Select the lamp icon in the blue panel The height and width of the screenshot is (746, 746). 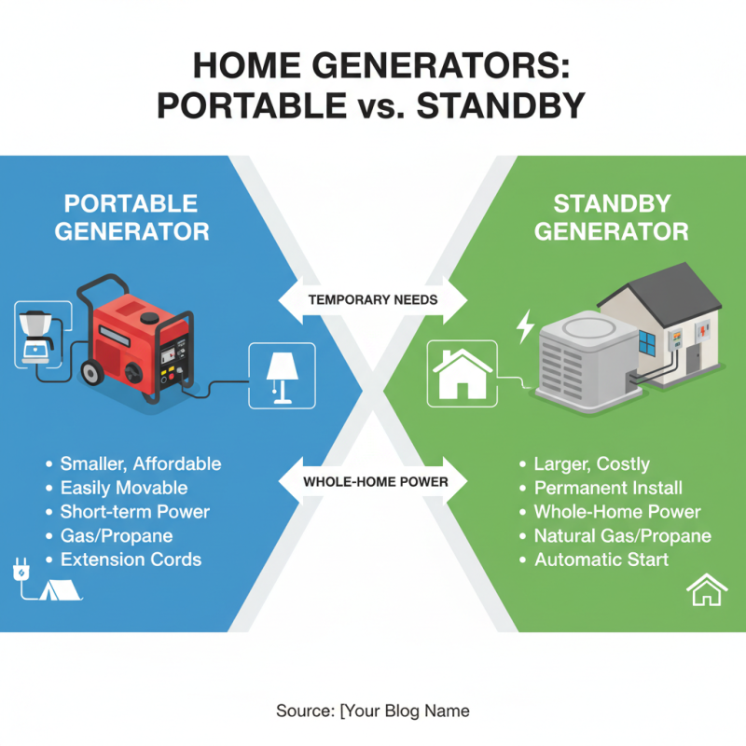[x=281, y=376]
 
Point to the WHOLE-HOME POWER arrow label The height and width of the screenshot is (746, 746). [x=373, y=482]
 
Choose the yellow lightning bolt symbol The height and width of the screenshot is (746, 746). [x=525, y=326]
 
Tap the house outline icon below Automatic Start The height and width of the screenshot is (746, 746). [x=706, y=591]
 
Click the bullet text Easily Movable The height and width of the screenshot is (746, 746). [x=124, y=488]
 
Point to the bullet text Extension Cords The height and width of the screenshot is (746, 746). [x=131, y=560]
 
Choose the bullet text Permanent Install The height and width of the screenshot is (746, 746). [x=608, y=488]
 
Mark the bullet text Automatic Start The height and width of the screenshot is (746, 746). [x=601, y=560]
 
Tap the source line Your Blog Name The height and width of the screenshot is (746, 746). [x=373, y=711]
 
